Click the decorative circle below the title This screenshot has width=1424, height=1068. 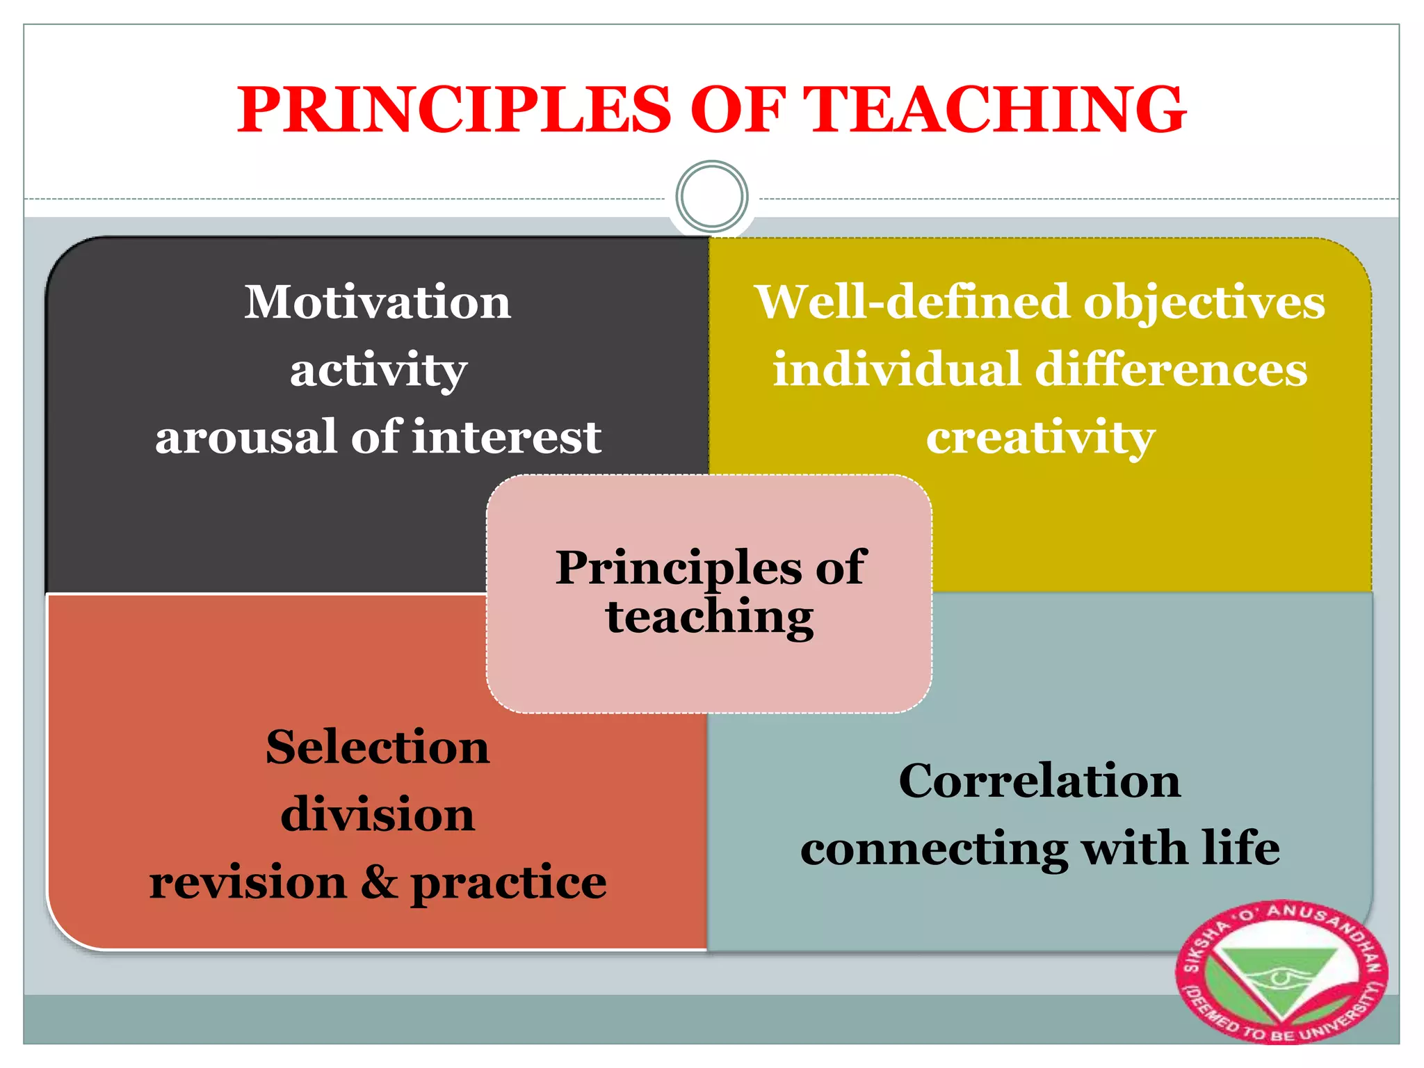[711, 196]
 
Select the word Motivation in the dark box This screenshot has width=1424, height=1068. [378, 302]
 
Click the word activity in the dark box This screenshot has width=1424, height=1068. [378, 371]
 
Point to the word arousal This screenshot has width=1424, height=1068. [246, 437]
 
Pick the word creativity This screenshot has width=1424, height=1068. [1040, 438]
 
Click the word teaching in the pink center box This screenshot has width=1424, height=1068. [709, 617]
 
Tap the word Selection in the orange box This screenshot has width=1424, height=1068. [378, 747]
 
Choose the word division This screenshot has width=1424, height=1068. [378, 814]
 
